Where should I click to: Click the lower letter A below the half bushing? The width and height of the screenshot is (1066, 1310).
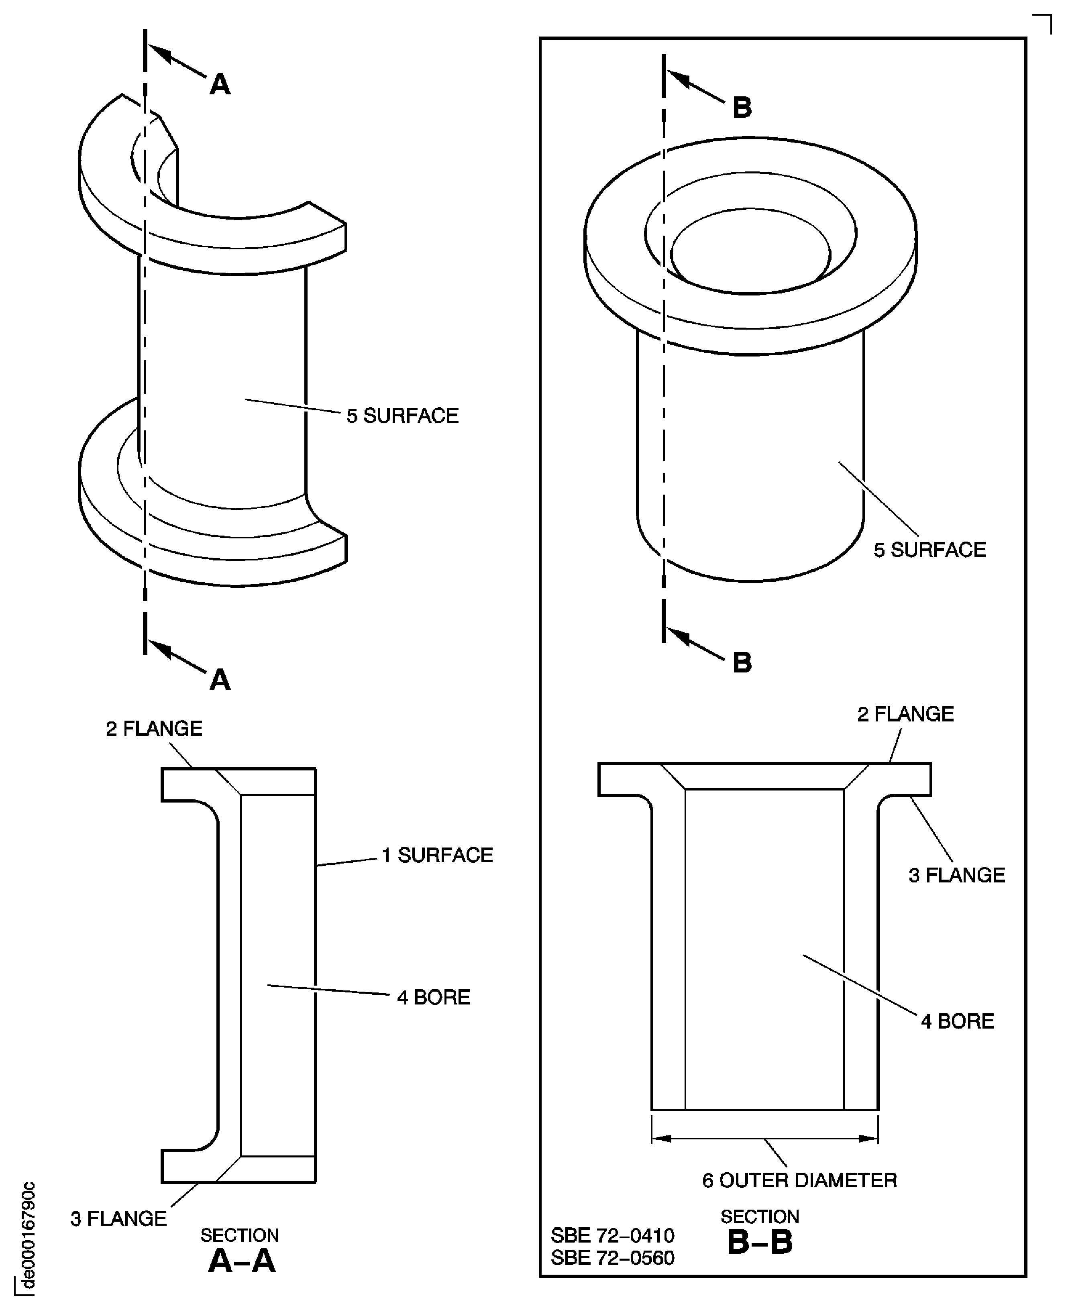[x=220, y=680]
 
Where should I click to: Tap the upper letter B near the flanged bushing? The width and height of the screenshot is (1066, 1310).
[x=742, y=108]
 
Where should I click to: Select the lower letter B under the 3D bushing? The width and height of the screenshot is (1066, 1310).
[x=742, y=663]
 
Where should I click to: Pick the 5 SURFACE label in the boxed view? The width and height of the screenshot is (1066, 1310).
[x=929, y=550]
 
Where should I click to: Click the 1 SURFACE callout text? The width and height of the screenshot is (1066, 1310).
[x=437, y=855]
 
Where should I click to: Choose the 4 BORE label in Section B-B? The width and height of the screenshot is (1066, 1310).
[x=957, y=1021]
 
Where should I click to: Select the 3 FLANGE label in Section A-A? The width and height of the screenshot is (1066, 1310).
[x=118, y=1218]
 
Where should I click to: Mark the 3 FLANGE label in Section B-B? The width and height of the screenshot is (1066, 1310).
[x=956, y=875]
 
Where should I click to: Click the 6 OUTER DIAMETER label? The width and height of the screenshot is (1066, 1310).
[x=799, y=1180]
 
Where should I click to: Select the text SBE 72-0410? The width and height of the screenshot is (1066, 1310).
[x=612, y=1235]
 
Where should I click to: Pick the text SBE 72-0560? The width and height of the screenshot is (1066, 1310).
[x=612, y=1258]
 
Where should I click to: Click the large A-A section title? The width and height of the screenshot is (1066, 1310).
[x=241, y=1261]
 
